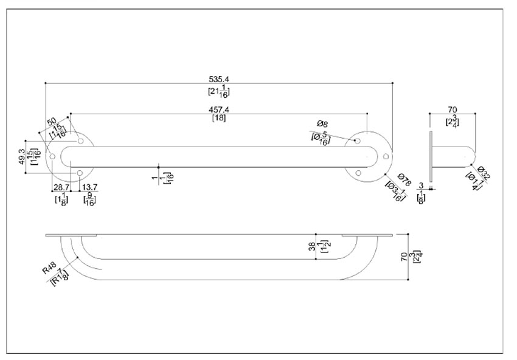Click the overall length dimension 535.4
tap(219, 78)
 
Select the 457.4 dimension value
tap(219, 109)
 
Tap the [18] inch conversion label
tap(219, 118)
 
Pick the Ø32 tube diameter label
tap(484, 173)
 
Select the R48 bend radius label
tap(50, 268)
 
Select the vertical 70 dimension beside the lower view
tap(402, 257)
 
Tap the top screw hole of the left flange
tap(80, 142)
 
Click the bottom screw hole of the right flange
tap(358, 174)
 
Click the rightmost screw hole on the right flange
tap(385, 157)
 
